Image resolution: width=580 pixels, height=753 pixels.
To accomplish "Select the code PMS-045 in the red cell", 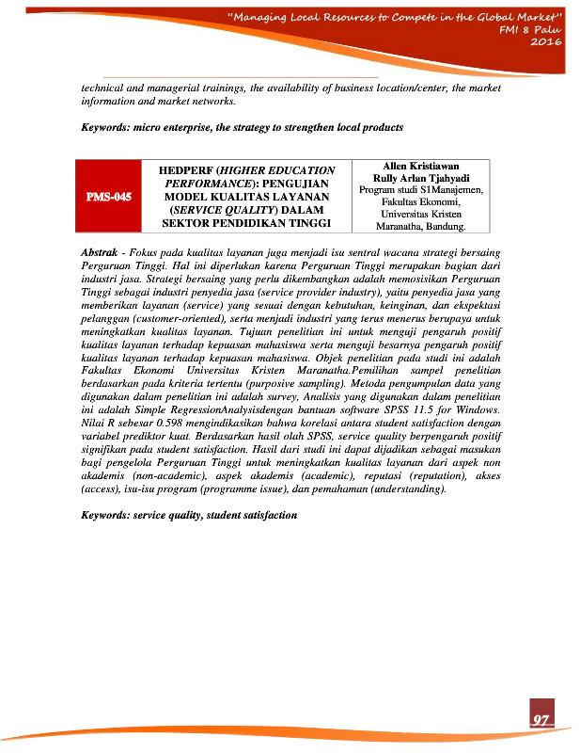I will coord(109,197).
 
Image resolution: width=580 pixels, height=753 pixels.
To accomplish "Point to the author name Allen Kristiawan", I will coord(420,166).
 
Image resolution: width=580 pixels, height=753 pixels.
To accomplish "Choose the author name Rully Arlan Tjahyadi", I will coord(420,178).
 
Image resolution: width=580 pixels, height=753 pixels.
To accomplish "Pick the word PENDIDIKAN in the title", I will coord(272,223).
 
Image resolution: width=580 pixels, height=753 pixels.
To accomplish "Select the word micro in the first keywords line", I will coord(150,127).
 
